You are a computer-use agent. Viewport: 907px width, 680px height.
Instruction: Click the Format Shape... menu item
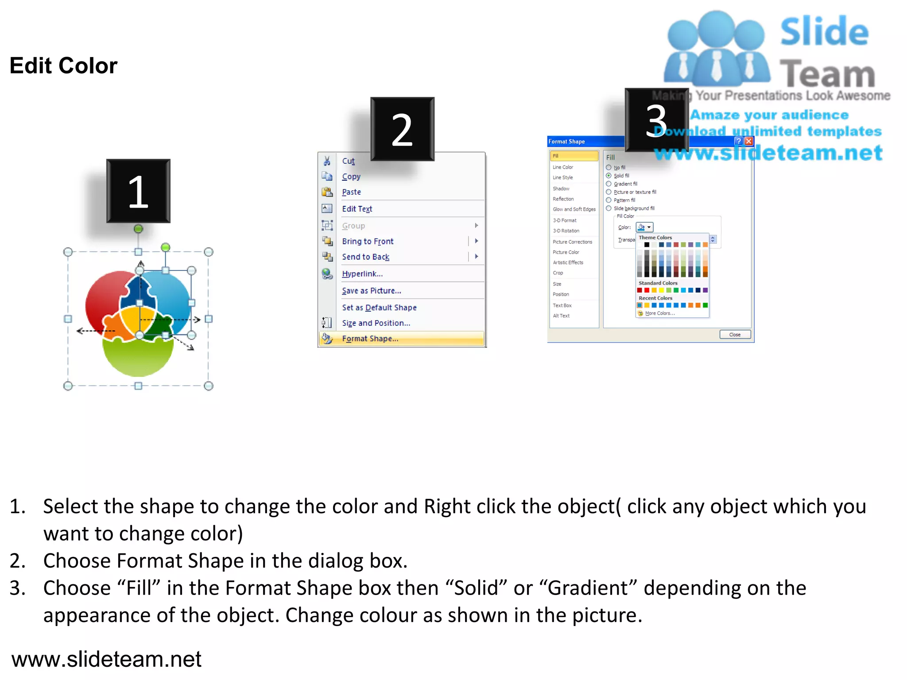click(370, 339)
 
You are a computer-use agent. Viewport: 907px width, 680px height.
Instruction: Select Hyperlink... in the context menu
click(362, 274)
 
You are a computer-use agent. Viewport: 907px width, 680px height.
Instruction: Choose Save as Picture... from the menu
click(371, 291)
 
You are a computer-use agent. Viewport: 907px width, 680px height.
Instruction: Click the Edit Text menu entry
click(357, 209)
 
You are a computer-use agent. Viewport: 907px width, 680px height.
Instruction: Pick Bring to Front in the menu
click(368, 241)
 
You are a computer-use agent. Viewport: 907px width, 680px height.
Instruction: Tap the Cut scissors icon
click(327, 161)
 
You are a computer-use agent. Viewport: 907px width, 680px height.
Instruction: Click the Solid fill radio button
click(609, 176)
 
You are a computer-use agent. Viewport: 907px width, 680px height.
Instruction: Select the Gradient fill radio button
click(609, 184)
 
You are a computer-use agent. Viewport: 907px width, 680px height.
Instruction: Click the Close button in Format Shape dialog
click(735, 335)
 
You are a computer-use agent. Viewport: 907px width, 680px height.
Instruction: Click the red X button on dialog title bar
click(749, 141)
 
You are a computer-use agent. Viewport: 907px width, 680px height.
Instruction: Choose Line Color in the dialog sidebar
click(563, 167)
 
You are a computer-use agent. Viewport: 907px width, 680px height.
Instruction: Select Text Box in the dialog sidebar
click(562, 305)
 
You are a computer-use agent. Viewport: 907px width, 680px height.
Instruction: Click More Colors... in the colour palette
click(659, 313)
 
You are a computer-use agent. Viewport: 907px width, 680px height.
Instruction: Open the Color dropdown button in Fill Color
click(645, 227)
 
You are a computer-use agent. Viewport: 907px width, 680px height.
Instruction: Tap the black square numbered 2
click(402, 129)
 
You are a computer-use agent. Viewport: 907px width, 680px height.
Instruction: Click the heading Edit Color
click(64, 66)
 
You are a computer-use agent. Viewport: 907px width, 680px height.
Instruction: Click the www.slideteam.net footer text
click(106, 659)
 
